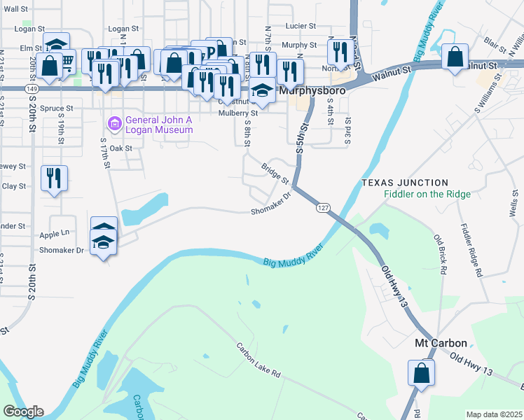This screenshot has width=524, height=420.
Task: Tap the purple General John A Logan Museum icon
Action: [x=112, y=124]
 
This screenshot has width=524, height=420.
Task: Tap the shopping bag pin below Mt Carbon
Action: [x=421, y=372]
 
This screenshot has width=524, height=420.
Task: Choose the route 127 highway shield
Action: [x=322, y=209]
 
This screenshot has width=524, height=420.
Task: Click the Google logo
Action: [x=23, y=411]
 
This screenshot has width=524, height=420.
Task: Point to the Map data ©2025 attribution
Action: [x=494, y=414]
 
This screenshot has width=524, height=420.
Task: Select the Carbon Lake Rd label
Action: [x=258, y=360]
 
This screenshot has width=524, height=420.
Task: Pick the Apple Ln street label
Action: [x=55, y=233]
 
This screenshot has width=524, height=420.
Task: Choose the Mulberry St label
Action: [x=238, y=113]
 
